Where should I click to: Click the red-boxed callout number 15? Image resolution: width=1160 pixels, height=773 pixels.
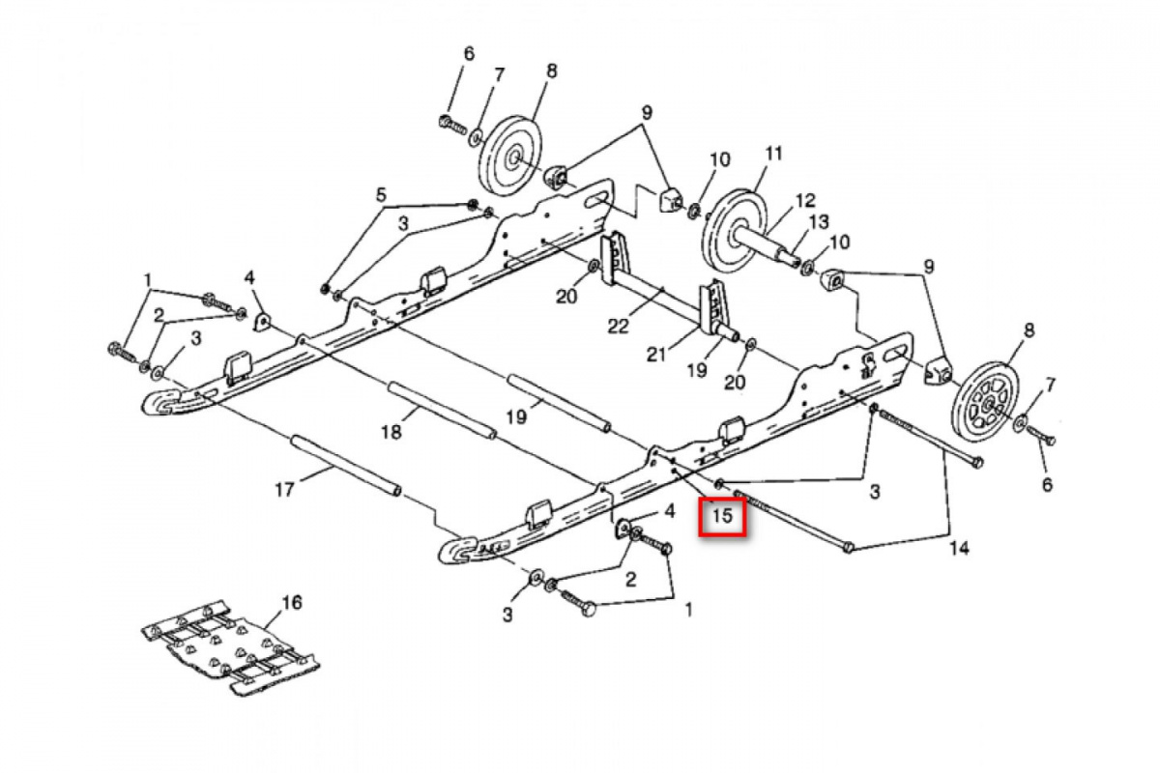723,516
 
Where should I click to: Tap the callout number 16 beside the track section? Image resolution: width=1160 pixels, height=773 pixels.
291,603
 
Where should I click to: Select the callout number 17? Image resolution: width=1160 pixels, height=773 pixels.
283,490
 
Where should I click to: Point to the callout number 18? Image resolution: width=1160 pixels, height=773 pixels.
391,432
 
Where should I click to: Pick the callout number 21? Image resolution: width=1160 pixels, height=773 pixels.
657,355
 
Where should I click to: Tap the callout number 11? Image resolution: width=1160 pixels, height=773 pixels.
772,154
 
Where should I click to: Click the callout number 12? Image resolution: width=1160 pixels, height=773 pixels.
805,201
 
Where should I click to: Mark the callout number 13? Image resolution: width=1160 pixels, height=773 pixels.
819,222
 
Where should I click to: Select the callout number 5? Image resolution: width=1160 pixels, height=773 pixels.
381,195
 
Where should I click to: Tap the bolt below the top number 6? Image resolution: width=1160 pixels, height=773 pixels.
451,125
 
